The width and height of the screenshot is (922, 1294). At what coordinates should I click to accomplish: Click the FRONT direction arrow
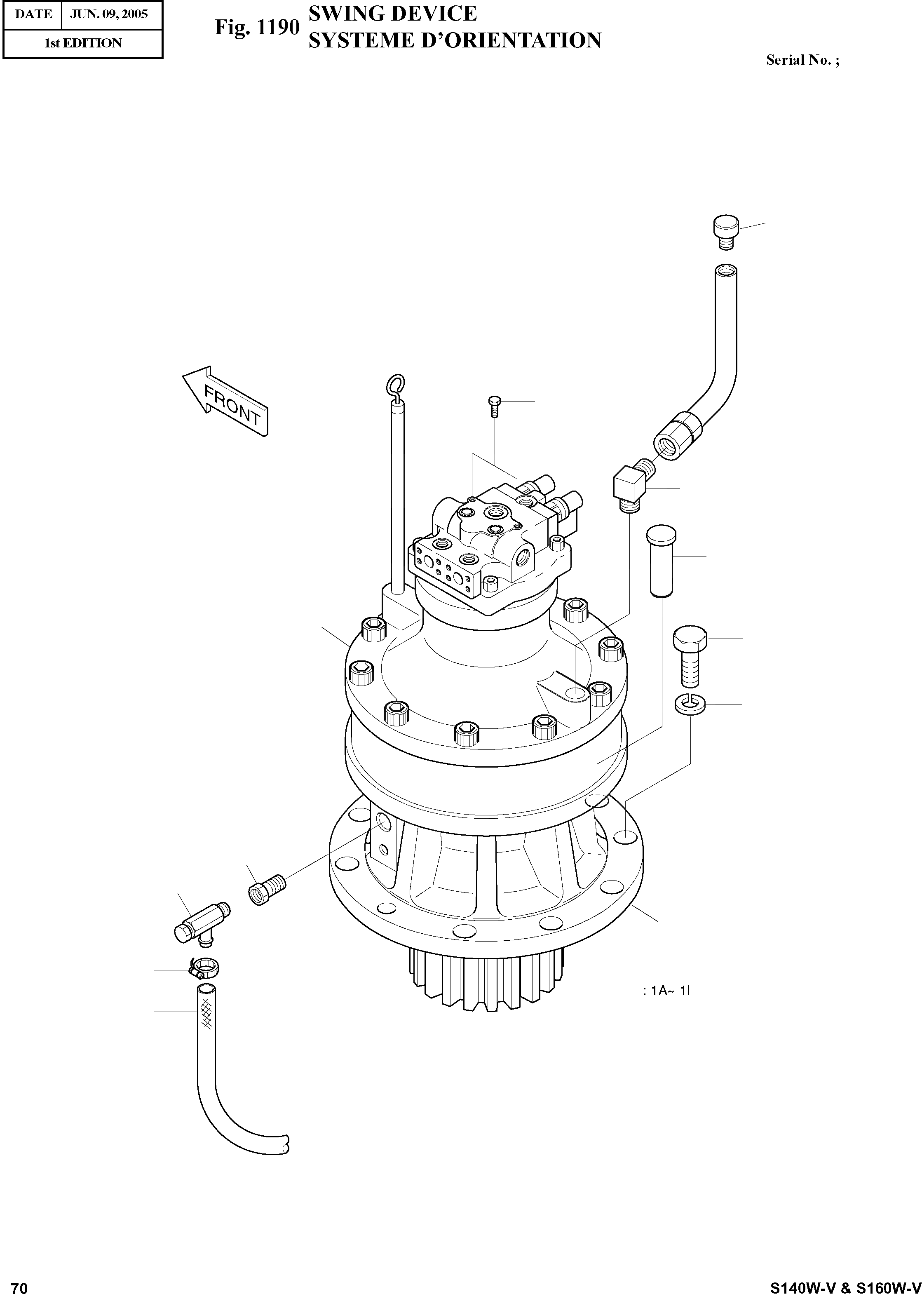[225, 401]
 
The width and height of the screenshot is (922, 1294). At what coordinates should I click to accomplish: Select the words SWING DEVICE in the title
[392, 13]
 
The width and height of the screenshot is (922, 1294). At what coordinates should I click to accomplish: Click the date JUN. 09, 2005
[109, 14]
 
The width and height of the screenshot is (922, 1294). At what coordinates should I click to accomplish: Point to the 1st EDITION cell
[83, 43]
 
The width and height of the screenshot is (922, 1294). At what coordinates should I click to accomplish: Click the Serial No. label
[802, 60]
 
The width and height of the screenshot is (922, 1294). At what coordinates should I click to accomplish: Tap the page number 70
[19, 1284]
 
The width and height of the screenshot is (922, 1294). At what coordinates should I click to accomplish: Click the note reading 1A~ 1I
[666, 991]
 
